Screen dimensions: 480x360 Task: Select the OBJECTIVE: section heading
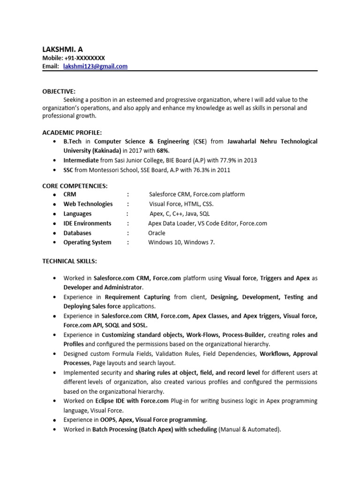coord(59,91)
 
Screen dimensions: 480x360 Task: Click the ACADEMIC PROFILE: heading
coord(72,133)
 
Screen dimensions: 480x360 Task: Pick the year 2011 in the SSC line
coord(223,170)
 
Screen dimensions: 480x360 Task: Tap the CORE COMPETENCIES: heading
coord(75,186)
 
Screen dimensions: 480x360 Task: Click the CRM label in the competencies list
coord(70,195)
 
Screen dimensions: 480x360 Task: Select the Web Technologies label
coord(88,204)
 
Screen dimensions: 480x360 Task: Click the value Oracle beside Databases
coord(157,233)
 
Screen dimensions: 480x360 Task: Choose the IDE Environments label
coord(88,224)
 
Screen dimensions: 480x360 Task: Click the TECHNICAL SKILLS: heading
coord(69,260)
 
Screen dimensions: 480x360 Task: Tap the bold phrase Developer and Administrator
coord(103,287)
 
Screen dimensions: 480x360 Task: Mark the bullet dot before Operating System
coord(55,243)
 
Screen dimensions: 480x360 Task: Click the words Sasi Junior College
coord(131,160)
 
